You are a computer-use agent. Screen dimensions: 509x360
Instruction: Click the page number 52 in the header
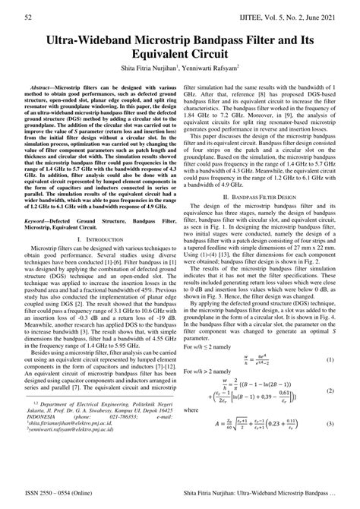(28, 16)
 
